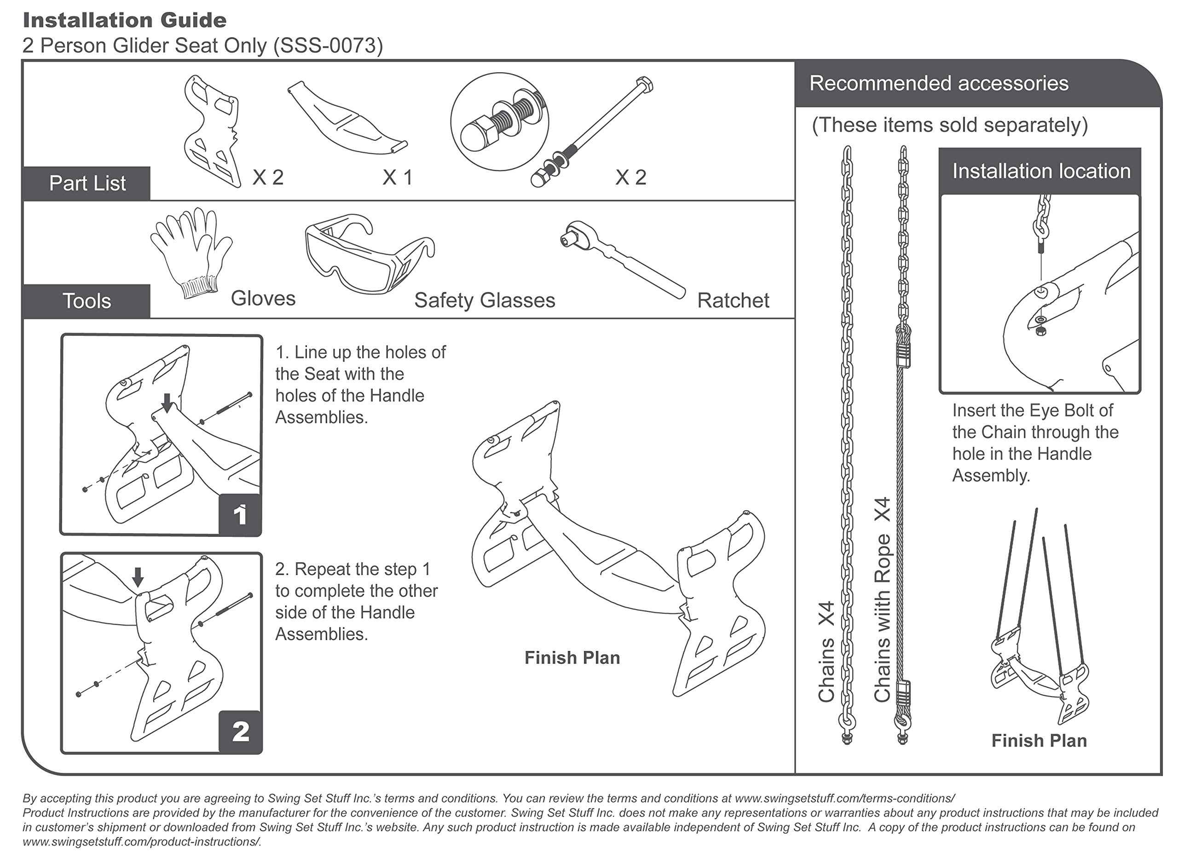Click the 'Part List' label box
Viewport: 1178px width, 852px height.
pos(87,183)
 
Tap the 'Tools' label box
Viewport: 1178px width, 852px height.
pos(87,301)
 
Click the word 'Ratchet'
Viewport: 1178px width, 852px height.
pos(733,300)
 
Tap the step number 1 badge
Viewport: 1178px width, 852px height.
pos(240,514)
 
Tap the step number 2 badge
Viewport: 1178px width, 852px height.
pos(240,731)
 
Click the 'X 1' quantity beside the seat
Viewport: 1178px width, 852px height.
pos(397,178)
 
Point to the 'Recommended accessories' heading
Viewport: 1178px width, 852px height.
pos(939,84)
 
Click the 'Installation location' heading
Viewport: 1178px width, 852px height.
pos(1041,171)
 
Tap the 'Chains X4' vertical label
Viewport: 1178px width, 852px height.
pos(826,651)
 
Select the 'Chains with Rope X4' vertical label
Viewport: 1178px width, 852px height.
pos(883,600)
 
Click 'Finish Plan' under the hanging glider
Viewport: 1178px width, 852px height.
pos(1039,740)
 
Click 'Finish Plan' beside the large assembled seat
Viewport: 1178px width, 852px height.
pos(572,658)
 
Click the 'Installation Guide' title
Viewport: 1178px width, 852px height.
pos(125,21)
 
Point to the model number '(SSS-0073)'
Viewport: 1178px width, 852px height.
pos(328,46)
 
